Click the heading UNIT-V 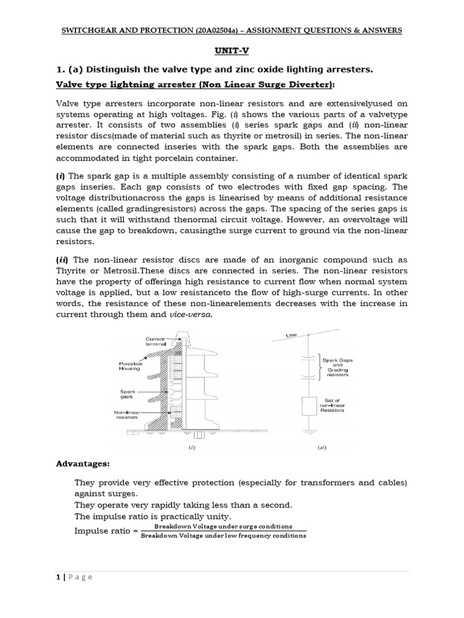pyautogui.click(x=231, y=53)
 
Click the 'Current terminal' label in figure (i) pyautogui.click(x=155, y=342)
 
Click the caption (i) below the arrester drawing pyautogui.click(x=192, y=448)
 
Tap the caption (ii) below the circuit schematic pyautogui.click(x=322, y=448)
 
